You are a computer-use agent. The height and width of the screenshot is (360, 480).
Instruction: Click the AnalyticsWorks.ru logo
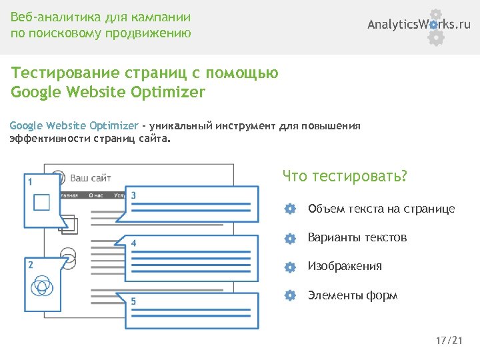tap(419, 25)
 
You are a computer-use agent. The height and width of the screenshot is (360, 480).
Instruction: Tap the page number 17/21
tap(449, 341)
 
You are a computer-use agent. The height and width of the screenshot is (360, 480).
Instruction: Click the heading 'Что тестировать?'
tap(344, 177)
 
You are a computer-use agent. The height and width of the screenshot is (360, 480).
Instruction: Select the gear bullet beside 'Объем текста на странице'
tap(289, 209)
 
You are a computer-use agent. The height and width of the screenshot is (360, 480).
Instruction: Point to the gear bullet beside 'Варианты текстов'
tap(289, 238)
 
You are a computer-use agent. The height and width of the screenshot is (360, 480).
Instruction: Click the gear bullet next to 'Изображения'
tap(289, 267)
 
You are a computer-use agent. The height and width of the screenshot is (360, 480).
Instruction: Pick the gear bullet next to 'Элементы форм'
tap(289, 295)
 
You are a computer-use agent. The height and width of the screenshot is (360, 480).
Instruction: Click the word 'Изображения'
tap(345, 267)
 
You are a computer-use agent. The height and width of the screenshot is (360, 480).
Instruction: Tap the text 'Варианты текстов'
tap(357, 238)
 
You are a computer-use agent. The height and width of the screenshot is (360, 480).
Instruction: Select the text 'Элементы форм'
tap(352, 295)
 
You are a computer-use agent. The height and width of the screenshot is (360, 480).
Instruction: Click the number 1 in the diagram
tap(29, 181)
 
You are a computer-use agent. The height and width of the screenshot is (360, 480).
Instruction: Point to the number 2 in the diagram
tap(30, 264)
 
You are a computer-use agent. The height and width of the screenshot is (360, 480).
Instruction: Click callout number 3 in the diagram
tap(134, 195)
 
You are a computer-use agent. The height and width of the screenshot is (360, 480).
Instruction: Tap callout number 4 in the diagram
tap(134, 243)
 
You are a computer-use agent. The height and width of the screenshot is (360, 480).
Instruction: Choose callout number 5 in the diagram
tap(134, 301)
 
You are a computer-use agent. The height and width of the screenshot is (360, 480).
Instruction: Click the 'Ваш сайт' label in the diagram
tap(91, 178)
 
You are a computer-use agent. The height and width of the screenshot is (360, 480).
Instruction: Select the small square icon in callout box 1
tap(41, 202)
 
